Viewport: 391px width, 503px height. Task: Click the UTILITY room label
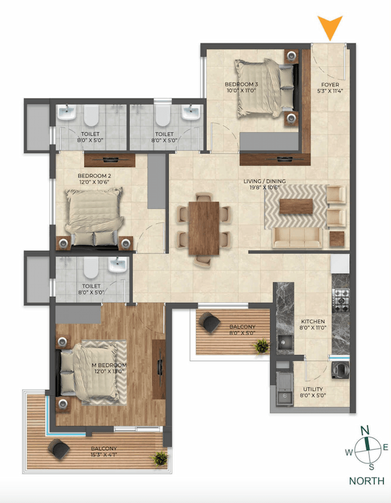[313, 392]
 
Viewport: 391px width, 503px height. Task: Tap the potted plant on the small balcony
[262, 346]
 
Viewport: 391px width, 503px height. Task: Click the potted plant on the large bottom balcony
[160, 457]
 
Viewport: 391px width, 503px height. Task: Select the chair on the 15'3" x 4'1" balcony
[60, 451]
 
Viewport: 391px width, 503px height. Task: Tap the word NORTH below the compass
[367, 480]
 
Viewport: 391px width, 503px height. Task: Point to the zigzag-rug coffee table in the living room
[296, 207]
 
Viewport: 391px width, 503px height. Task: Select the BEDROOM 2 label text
[94, 179]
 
